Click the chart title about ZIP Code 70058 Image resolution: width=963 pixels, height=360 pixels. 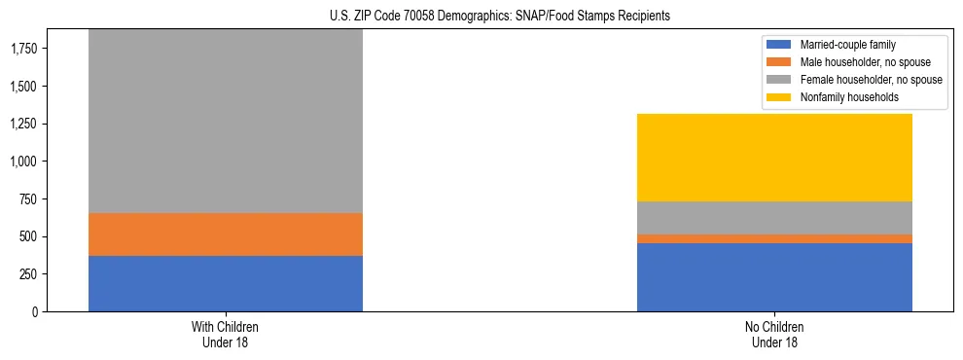point(482,17)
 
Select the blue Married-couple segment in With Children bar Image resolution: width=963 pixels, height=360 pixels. point(226,283)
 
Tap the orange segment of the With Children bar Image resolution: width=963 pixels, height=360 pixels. point(226,234)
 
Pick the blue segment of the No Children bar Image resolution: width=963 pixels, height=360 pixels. point(774,277)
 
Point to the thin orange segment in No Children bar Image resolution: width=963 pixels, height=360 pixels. point(774,238)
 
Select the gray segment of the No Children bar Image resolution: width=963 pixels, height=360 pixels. point(774,218)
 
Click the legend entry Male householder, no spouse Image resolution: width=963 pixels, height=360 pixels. point(855,62)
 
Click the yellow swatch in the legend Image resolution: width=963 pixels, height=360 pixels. point(779,97)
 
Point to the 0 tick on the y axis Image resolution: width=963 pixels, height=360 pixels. point(36,311)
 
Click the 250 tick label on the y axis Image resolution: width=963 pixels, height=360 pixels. point(27,274)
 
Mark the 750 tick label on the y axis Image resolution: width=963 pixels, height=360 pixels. point(27,199)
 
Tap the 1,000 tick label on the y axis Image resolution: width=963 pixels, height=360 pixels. point(23,162)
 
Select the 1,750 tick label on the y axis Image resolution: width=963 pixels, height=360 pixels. point(23,49)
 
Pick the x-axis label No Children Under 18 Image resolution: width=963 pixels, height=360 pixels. point(774,335)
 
